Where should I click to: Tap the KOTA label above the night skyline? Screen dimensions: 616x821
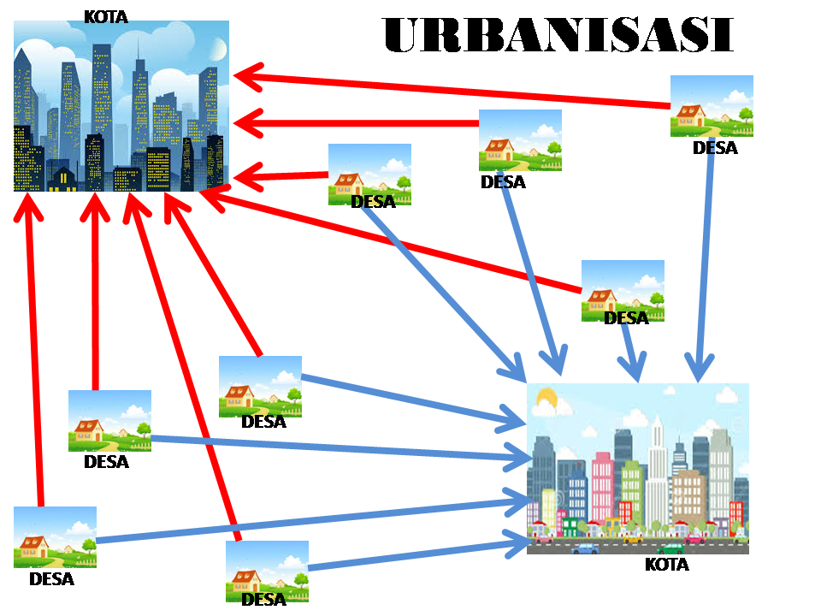106,15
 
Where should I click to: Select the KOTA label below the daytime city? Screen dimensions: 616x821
666,565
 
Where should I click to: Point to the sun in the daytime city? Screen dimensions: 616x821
546,399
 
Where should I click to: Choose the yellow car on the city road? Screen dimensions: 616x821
632,538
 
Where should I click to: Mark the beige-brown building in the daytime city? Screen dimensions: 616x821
688,496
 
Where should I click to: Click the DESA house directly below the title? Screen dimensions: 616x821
712,106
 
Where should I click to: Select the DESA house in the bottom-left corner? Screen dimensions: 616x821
55,537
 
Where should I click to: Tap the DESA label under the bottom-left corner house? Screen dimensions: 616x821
51,579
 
